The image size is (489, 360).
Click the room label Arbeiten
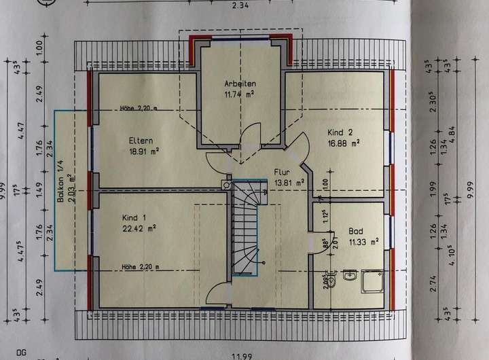pos(240,84)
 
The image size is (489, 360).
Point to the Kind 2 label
pos(340,132)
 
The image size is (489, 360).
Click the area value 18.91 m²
pos(144,152)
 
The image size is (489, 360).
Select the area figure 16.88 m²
pos(343,143)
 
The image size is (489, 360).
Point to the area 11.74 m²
pos(240,94)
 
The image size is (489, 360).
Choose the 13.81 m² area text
pos(289,182)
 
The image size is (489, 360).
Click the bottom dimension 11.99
pos(245,355)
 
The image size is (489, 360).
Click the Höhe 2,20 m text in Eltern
pos(139,108)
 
